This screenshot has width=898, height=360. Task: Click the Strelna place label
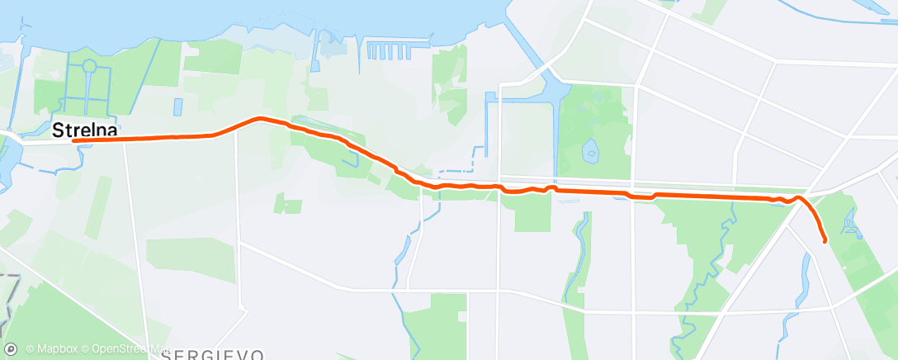(x=83, y=130)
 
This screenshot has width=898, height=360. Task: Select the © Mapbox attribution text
(x=51, y=349)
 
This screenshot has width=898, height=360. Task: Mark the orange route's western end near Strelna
(x=74, y=141)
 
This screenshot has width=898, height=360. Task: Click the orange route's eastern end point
(x=825, y=241)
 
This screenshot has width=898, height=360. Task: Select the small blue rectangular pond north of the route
(x=178, y=107)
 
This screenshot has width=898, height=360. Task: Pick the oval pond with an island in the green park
(x=590, y=150)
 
